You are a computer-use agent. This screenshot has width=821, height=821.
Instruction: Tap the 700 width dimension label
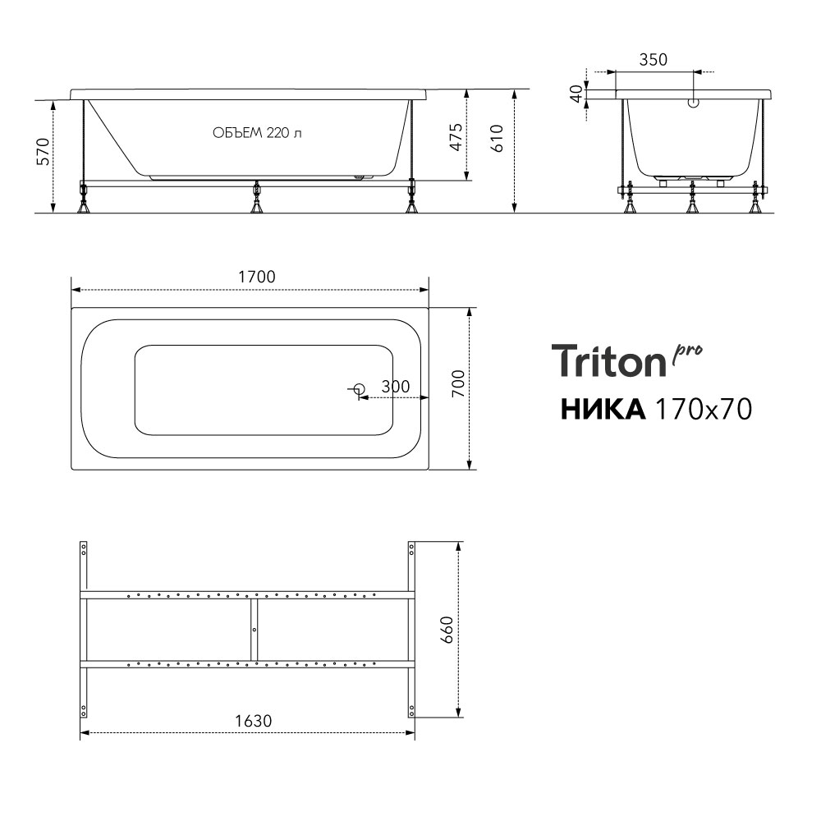(x=458, y=384)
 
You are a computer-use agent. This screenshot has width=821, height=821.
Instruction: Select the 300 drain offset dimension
(x=395, y=387)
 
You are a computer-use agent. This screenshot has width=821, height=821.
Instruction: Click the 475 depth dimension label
(x=456, y=135)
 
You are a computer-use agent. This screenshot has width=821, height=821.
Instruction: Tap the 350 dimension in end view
(x=653, y=59)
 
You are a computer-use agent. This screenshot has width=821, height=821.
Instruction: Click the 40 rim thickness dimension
(x=578, y=94)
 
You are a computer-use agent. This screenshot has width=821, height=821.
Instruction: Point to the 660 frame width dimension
(x=447, y=630)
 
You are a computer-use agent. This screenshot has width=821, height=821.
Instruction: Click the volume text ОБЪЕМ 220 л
(x=256, y=134)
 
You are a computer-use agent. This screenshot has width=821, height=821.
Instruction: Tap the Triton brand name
(x=608, y=361)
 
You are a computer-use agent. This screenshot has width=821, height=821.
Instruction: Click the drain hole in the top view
(x=358, y=388)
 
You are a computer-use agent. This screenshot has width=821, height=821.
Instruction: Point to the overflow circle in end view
(x=693, y=103)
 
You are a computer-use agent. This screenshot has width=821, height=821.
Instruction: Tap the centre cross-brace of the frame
(x=255, y=629)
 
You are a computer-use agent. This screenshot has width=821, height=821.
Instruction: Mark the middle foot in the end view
(x=692, y=200)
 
